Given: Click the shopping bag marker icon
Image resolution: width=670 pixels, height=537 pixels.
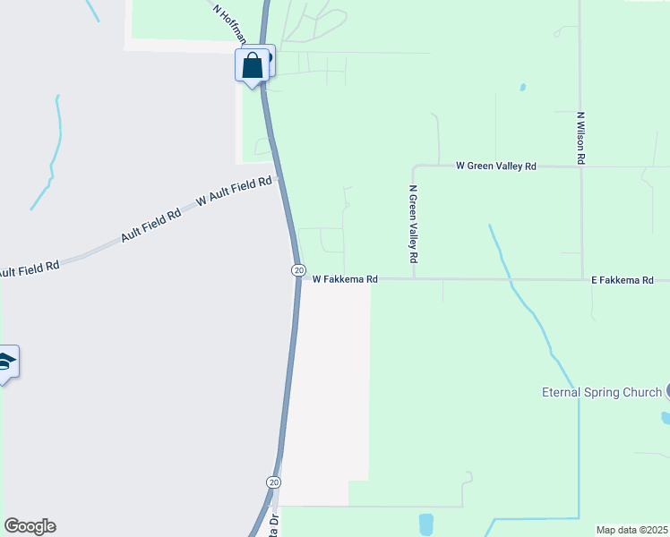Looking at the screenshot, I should (253, 65).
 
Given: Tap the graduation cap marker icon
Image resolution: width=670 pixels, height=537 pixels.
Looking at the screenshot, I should (5, 362).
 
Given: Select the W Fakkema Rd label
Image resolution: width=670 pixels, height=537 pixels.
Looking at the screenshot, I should (345, 279).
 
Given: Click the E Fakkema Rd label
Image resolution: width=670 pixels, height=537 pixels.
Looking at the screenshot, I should (622, 280).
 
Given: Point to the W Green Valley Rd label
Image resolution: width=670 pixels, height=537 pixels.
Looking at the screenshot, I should (495, 166).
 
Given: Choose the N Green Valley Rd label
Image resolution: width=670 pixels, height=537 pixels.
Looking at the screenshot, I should (413, 224).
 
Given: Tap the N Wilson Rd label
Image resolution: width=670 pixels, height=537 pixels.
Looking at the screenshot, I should (581, 137).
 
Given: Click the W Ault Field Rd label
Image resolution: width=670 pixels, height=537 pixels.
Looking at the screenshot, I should (234, 192).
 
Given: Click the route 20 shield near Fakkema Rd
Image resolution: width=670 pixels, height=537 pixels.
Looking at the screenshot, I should (298, 270).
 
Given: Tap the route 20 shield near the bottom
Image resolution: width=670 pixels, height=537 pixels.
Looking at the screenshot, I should (273, 482).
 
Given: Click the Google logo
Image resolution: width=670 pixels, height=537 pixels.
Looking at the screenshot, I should (30, 526).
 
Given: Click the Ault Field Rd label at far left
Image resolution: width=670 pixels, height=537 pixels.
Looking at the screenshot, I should (28, 268).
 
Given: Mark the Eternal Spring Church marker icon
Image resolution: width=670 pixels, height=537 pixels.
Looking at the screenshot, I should (667, 391).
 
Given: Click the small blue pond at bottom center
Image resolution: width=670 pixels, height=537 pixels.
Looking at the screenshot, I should (425, 523).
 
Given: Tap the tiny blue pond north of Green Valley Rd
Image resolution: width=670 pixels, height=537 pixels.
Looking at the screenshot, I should (522, 89).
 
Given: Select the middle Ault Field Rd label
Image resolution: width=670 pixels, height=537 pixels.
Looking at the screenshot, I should (150, 226).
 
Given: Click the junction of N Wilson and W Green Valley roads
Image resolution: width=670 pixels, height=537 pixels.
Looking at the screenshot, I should (581, 166).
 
